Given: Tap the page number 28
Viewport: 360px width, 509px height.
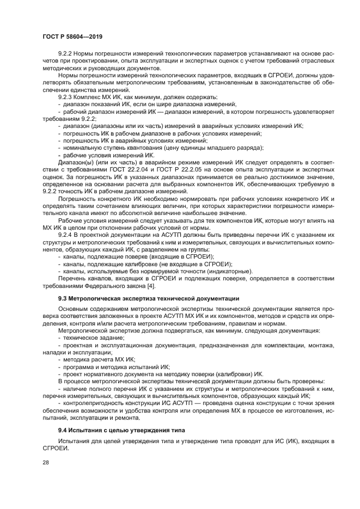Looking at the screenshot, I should pyautogui.click(x=45, y=462).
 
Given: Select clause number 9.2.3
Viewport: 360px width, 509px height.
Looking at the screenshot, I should pyautogui.click(x=66, y=97).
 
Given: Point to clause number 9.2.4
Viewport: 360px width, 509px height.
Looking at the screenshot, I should pyautogui.click(x=66, y=233).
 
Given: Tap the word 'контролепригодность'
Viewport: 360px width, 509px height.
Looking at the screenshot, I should pyautogui.click(x=95, y=403).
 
